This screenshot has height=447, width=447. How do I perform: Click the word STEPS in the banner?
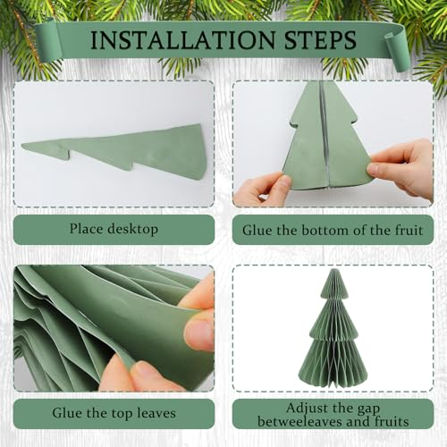coord(320,39)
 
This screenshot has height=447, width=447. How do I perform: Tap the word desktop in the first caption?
coord(132,230)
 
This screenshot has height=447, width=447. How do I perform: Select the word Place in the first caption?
coord(87,229)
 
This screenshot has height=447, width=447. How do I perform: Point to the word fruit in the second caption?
coord(409,230)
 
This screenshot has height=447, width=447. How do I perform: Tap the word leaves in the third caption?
coord(156,413)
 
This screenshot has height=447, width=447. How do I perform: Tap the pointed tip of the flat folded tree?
coord(22,145)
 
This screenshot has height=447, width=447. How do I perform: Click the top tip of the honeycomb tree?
coord(333,269)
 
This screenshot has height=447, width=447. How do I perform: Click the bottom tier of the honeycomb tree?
coord(333,364)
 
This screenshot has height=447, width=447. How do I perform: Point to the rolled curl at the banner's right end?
coord(395,51)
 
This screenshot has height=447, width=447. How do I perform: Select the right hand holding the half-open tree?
coord(401,168)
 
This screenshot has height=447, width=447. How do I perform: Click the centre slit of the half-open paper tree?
coord(325,137)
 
